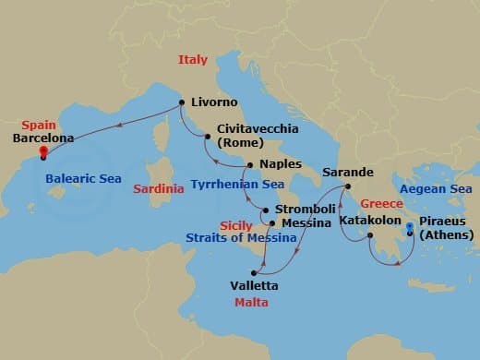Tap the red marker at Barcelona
click(43, 154)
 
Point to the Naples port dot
click(249, 164)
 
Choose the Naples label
click(281, 164)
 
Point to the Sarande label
click(348, 173)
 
